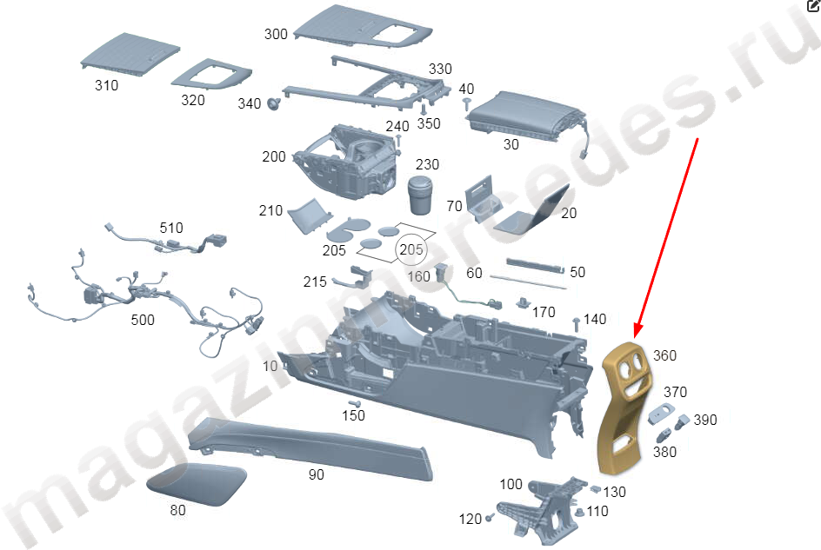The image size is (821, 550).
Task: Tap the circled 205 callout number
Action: (x=411, y=249)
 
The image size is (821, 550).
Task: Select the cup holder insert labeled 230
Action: (x=420, y=195)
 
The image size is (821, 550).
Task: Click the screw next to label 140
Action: (x=577, y=324)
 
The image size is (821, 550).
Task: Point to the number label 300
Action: (x=276, y=35)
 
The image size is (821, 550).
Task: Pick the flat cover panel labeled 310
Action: (x=130, y=55)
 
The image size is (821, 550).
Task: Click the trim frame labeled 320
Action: (x=211, y=74)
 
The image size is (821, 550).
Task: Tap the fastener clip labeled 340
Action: (x=274, y=103)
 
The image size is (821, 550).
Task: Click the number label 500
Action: (x=143, y=320)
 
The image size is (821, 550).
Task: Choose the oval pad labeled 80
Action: (x=197, y=484)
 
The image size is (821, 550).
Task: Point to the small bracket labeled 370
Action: (x=661, y=414)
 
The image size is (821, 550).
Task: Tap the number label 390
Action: (x=705, y=420)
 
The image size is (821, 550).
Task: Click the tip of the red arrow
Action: (x=635, y=337)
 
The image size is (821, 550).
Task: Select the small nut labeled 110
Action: (x=579, y=513)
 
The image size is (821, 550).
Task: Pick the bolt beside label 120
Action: (x=490, y=518)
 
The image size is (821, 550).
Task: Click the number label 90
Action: (x=317, y=474)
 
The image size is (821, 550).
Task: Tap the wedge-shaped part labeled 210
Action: (x=309, y=215)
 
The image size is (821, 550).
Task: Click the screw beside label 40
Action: (x=466, y=103)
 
